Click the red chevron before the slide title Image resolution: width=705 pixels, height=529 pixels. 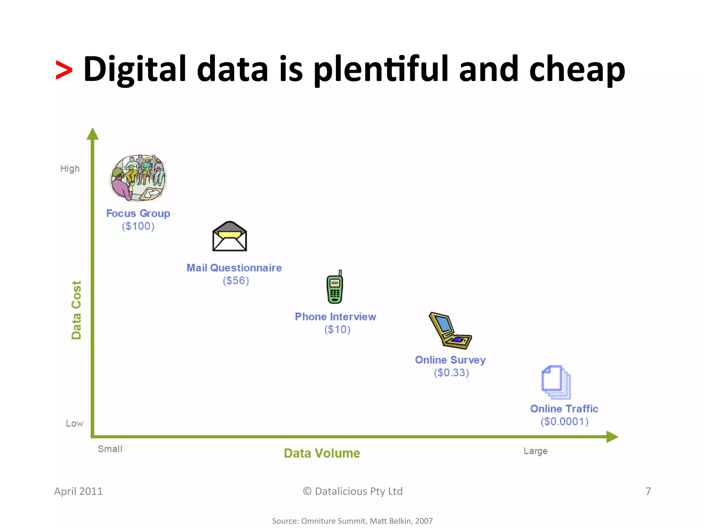click(64, 70)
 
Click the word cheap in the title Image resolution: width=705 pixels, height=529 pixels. click(577, 70)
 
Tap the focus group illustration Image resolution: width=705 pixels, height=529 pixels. click(138, 178)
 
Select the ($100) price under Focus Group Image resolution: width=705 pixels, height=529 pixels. click(138, 226)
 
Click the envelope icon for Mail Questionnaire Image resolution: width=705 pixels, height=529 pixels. click(230, 237)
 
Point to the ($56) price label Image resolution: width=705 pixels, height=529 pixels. click(236, 281)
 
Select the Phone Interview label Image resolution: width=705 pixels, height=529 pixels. click(335, 317)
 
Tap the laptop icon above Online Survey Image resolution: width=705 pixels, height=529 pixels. click(449, 331)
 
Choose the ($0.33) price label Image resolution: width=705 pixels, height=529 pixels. click(451, 373)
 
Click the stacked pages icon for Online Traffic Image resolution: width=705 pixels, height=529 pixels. click(556, 382)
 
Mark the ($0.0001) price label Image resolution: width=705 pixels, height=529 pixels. click(565, 422)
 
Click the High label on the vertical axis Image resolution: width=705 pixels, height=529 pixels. click(70, 169)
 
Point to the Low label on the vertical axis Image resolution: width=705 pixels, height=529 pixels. click(74, 424)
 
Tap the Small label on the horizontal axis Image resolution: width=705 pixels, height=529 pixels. click(110, 449)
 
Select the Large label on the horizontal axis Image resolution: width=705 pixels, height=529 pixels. click(535, 451)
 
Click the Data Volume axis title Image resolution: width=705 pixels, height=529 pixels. click(322, 453)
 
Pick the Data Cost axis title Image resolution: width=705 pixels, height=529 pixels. click(76, 310)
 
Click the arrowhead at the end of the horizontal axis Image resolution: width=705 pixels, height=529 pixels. click(612, 437)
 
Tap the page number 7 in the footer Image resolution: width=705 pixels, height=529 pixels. click(648, 491)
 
